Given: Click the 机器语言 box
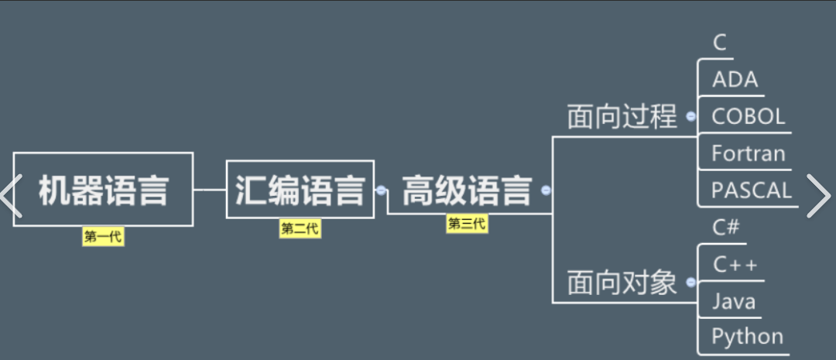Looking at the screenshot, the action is (x=103, y=190).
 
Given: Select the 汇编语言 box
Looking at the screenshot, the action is (x=300, y=190).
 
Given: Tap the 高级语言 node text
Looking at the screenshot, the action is (x=467, y=190).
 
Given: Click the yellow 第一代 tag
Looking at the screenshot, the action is (x=103, y=237).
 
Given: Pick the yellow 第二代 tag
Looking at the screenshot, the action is (x=300, y=228).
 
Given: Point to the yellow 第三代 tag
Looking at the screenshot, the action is (x=467, y=224).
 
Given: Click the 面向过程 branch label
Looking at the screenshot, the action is (x=622, y=117).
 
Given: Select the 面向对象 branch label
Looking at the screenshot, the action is (x=622, y=283).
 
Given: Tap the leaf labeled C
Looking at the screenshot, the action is (x=720, y=43).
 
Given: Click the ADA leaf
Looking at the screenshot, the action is (x=735, y=80).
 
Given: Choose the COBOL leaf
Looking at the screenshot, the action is (x=748, y=117).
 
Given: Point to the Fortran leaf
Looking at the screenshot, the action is (x=748, y=153).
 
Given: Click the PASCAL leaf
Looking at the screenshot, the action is (x=751, y=190).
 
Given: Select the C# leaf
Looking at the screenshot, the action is (x=726, y=228).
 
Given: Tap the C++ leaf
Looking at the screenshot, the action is (x=735, y=265).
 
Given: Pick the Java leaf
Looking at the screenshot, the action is (x=733, y=301).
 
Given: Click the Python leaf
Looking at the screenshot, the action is (x=747, y=337).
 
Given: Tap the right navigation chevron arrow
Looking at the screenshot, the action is (x=818, y=195).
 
